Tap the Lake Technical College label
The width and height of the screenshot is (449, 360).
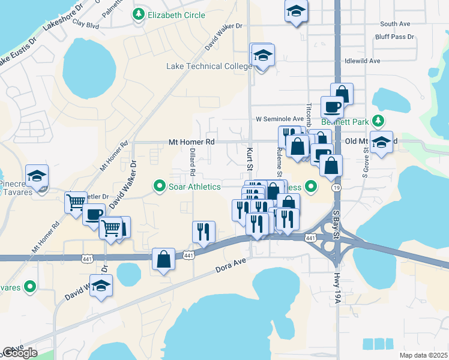209,66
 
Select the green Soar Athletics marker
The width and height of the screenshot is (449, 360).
160,187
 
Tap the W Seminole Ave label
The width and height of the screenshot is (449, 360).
280,119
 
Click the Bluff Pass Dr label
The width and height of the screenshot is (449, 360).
394,37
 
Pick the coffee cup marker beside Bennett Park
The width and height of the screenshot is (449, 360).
332,107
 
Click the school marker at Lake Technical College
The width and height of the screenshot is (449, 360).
262,55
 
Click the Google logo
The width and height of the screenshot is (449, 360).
19,352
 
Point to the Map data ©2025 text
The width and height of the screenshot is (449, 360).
424,355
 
